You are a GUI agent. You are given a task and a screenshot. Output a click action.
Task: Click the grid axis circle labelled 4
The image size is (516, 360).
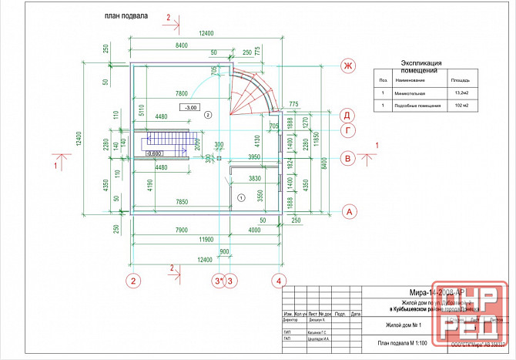click(x=280, y=280)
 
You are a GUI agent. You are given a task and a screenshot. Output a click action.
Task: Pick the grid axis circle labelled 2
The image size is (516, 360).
click(x=133, y=280)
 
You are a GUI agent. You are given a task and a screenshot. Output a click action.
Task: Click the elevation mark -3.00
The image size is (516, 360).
click(x=189, y=107)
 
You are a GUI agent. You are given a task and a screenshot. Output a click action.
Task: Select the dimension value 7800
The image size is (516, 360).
click(x=183, y=93)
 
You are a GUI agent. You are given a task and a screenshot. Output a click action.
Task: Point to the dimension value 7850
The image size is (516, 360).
click(x=182, y=202)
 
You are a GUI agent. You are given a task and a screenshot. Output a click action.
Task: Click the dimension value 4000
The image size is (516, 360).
click(x=255, y=230)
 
